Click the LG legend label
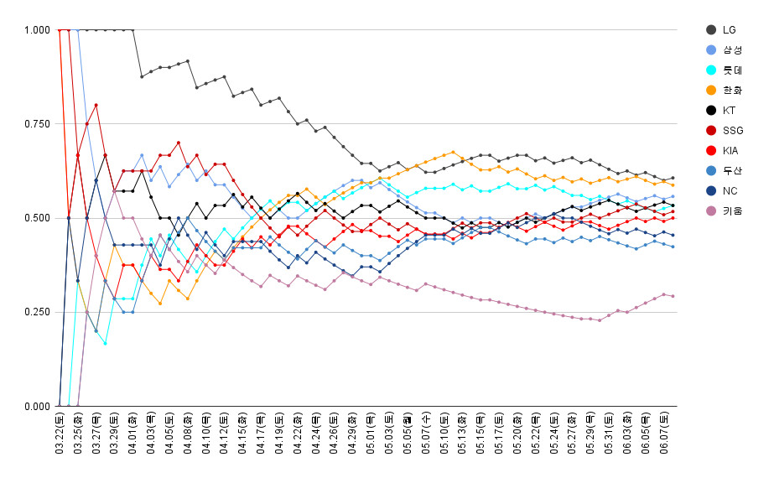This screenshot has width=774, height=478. (729, 29)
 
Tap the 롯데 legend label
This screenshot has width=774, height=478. (731, 70)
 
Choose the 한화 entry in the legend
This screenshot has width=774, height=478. (731, 90)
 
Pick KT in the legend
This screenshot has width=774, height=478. (729, 110)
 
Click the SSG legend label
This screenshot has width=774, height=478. (732, 130)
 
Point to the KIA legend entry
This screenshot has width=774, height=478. (731, 150)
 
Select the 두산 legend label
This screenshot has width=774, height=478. (731, 170)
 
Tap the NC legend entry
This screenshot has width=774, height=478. (729, 190)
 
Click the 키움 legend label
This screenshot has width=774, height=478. (731, 210)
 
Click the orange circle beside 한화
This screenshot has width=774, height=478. (710, 90)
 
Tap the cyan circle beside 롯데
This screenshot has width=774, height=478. (710, 70)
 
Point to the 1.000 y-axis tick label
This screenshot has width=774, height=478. (37, 30)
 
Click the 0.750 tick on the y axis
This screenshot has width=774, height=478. (37, 124)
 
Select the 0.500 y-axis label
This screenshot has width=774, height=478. (37, 218)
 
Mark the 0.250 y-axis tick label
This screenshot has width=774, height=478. (37, 312)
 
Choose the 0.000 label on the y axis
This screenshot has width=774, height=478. (37, 406)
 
